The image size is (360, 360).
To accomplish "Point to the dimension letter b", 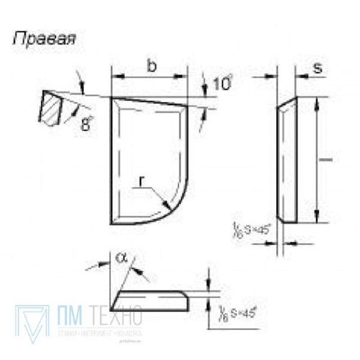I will pyautogui.click(x=152, y=67).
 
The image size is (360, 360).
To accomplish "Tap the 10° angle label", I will pyautogui.click(x=221, y=83).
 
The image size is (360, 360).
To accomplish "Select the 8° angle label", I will pyautogui.click(x=87, y=124).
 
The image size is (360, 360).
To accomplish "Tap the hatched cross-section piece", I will pyautogui.click(x=51, y=107).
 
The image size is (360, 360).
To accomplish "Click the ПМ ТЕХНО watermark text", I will pyautogui.click(x=98, y=315).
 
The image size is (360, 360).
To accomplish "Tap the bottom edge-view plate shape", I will pyautogui.click(x=150, y=301).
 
